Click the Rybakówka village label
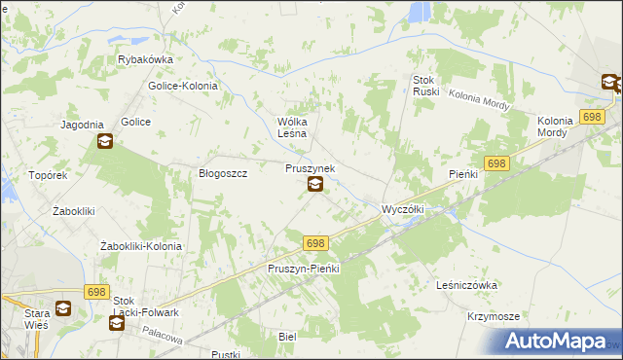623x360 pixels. pyautogui.click(x=144, y=58)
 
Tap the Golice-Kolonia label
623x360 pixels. pyautogui.click(x=183, y=86)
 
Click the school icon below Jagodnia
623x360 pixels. pyautogui.click(x=104, y=142)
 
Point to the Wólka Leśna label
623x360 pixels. pyautogui.click(x=293, y=126)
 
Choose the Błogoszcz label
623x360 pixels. pyautogui.click(x=223, y=173)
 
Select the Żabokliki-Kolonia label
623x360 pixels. pyautogui.click(x=141, y=247)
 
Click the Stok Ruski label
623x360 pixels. pyautogui.click(x=427, y=86)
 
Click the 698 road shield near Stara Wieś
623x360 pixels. pyautogui.click(x=95, y=292)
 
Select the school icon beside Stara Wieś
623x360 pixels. pyautogui.click(x=62, y=309)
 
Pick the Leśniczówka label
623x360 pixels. pyautogui.click(x=468, y=285)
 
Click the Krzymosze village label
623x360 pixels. pyautogui.click(x=493, y=317)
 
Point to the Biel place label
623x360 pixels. pyautogui.click(x=286, y=336)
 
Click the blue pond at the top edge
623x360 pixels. pyautogui.click(x=420, y=11)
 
